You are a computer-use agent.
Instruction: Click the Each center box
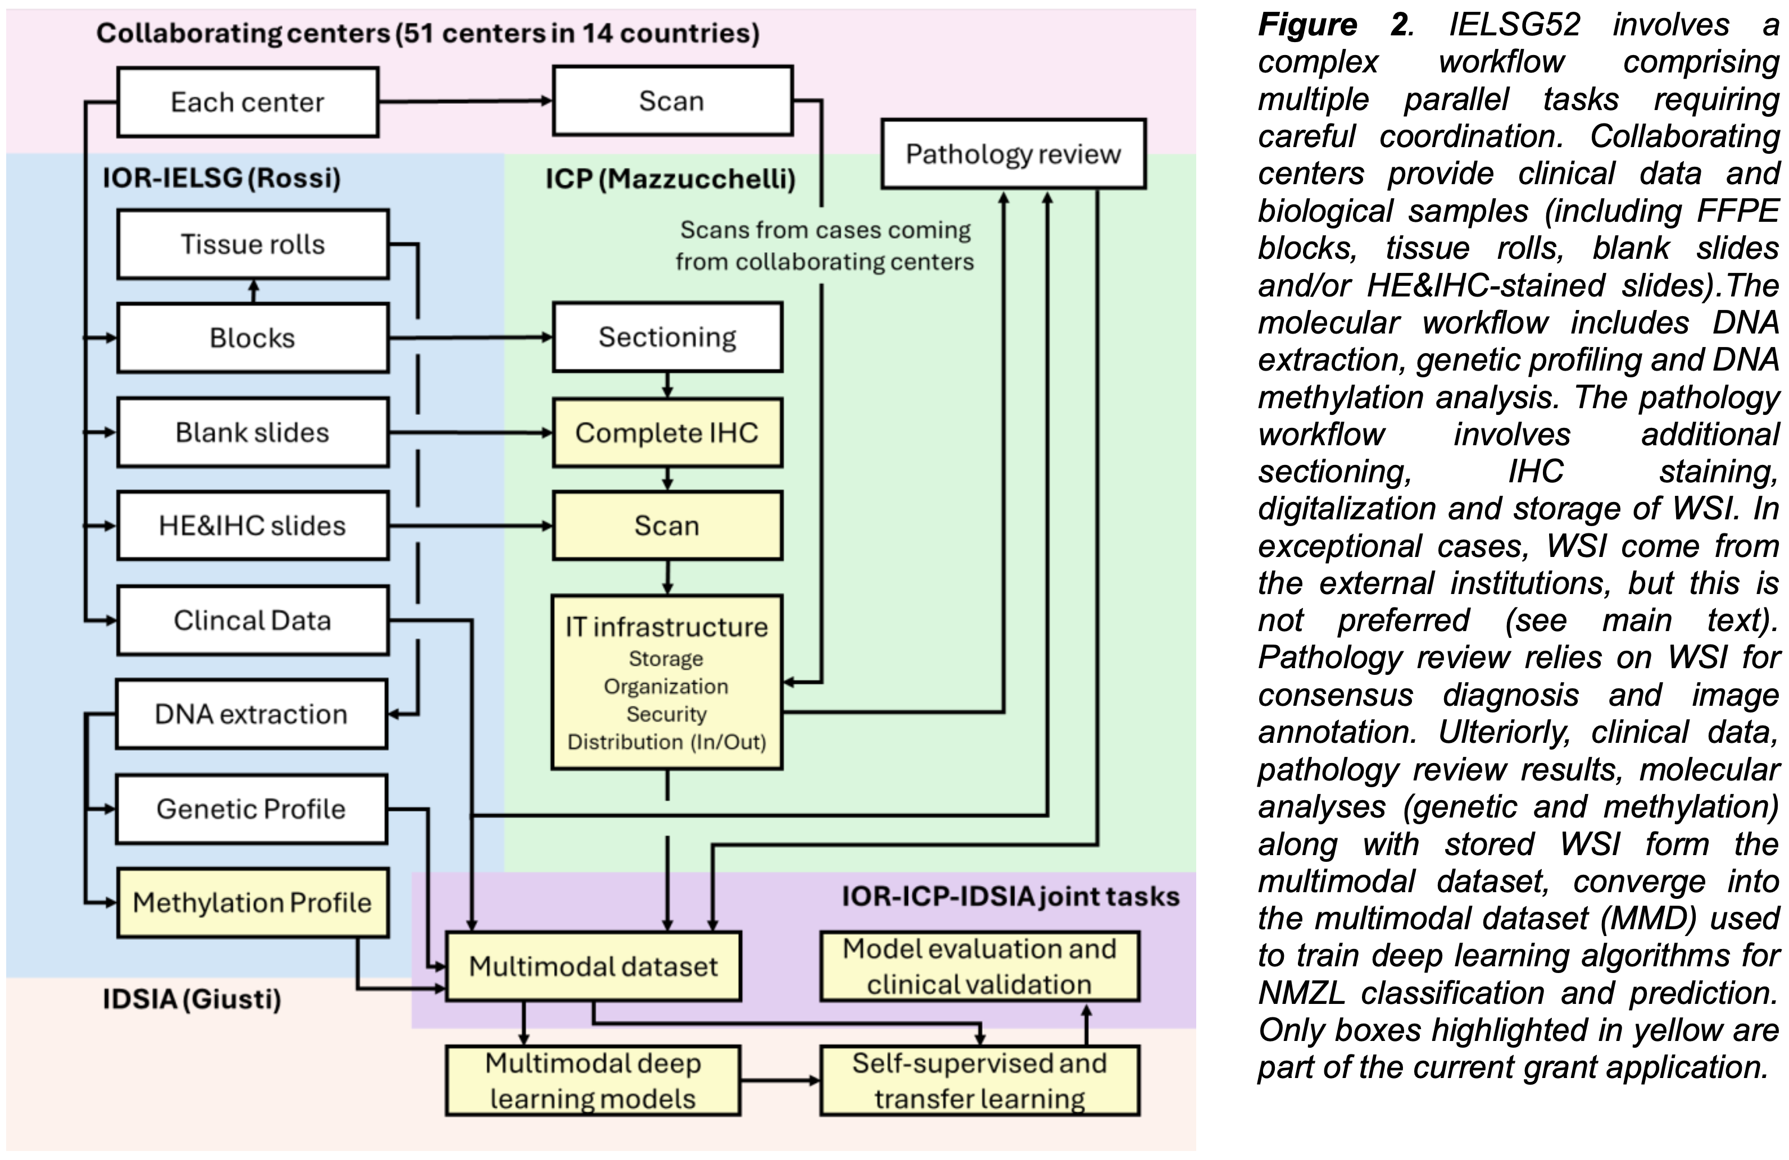pos(247,102)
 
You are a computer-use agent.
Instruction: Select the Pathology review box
pos(1012,154)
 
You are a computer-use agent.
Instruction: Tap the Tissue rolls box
pos(253,244)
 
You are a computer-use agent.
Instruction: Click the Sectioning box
pos(668,337)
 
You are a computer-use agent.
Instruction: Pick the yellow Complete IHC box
pos(668,433)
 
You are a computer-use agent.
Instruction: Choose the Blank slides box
pos(253,433)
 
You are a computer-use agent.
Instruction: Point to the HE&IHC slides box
pos(253,526)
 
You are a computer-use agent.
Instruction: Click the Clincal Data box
pos(253,620)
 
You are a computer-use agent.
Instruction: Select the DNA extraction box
pos(251,714)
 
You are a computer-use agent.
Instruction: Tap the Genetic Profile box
pos(251,809)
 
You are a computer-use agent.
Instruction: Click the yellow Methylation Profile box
pos(253,902)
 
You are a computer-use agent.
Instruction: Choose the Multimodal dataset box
pos(593,966)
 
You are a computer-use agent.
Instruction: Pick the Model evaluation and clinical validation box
pos(979,966)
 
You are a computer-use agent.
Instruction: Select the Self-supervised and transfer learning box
pos(979,1080)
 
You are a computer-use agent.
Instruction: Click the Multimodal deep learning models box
pos(593,1080)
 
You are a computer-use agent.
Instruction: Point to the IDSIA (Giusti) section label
pos(192,999)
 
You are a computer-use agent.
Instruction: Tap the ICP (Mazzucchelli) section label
pos(670,179)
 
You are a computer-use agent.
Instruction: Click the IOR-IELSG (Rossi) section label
pos(222,178)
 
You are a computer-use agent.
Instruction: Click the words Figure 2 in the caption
pos(1334,25)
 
